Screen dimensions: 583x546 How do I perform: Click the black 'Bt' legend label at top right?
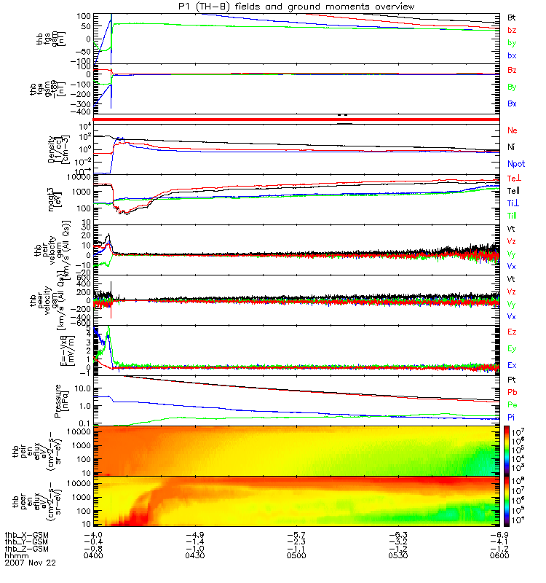pos(513,16)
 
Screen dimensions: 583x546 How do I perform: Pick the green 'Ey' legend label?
pos(513,348)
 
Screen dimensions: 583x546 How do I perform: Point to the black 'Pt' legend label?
pos(513,380)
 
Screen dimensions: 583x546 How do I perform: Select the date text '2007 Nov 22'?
pos(30,563)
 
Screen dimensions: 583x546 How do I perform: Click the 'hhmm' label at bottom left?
pos(15,555)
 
